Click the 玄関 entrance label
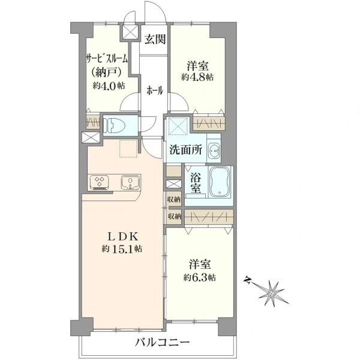[x=155, y=39]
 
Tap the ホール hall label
[x=155, y=90]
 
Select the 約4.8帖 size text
[x=197, y=77]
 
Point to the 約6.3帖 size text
[x=199, y=278]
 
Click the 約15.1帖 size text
[x=122, y=248]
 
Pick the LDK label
[x=123, y=237]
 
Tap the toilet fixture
[x=114, y=126]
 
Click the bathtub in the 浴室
[x=220, y=181]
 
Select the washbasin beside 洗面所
[x=214, y=152]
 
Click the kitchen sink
[x=130, y=183]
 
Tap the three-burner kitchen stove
[x=100, y=182]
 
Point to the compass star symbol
[x=272, y=293]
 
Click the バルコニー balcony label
[x=162, y=343]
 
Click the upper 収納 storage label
[x=174, y=200]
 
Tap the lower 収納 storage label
[x=174, y=216]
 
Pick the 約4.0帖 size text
[x=109, y=86]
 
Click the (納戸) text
[x=106, y=73]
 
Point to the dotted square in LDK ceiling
[x=128, y=148]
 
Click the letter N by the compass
[x=247, y=280]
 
